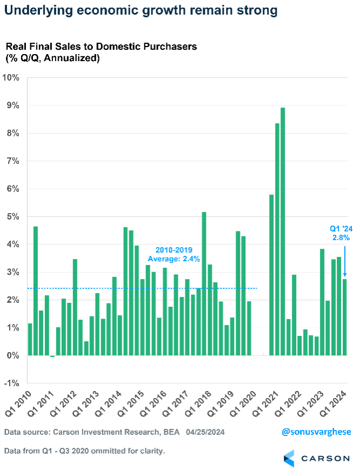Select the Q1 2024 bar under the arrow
pyautogui.click(x=344, y=317)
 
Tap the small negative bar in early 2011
pyautogui.click(x=52, y=356)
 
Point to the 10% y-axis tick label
pyautogui.click(x=11, y=78)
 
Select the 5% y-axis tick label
pyautogui.click(x=12, y=217)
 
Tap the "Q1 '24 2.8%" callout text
pyautogui.click(x=341, y=232)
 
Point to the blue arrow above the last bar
pyautogui.click(x=344, y=260)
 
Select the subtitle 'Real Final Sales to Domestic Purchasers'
pyautogui.click(x=101, y=47)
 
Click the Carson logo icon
pyautogui.click(x=290, y=458)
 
